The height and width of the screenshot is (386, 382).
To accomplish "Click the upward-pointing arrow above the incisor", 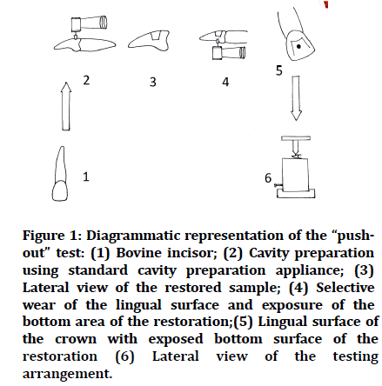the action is (x=66, y=106).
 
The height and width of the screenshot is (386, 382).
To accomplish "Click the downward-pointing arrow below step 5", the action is (x=296, y=97).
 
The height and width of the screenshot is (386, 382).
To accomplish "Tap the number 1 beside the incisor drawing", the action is (x=86, y=176).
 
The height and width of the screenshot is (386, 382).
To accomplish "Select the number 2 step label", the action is (x=86, y=80).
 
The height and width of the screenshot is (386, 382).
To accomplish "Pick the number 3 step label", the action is (x=153, y=82).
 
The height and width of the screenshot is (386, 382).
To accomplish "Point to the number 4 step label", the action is (x=225, y=82).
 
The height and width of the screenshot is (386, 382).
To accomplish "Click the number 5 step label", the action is (x=278, y=70).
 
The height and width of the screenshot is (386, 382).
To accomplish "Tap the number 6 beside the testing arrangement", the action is (x=268, y=178).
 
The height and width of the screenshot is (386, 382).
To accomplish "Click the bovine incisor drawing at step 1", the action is (x=60, y=173).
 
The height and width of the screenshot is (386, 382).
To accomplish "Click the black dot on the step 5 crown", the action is (x=299, y=46).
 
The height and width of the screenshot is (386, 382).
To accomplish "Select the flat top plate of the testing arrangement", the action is (x=296, y=138).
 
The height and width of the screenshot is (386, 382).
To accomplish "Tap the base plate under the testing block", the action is (x=296, y=193).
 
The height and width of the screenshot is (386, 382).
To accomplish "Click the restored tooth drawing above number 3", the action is (x=149, y=41).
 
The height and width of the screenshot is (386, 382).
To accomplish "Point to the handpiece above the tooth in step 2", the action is (x=88, y=24).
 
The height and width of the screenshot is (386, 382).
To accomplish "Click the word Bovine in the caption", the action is (x=137, y=253).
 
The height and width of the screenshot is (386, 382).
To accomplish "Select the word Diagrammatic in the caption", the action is (x=133, y=236).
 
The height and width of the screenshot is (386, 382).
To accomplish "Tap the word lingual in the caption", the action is (x=138, y=305).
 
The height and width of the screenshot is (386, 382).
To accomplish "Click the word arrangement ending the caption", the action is (x=67, y=375).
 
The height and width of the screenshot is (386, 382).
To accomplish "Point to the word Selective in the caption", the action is (x=345, y=288).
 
